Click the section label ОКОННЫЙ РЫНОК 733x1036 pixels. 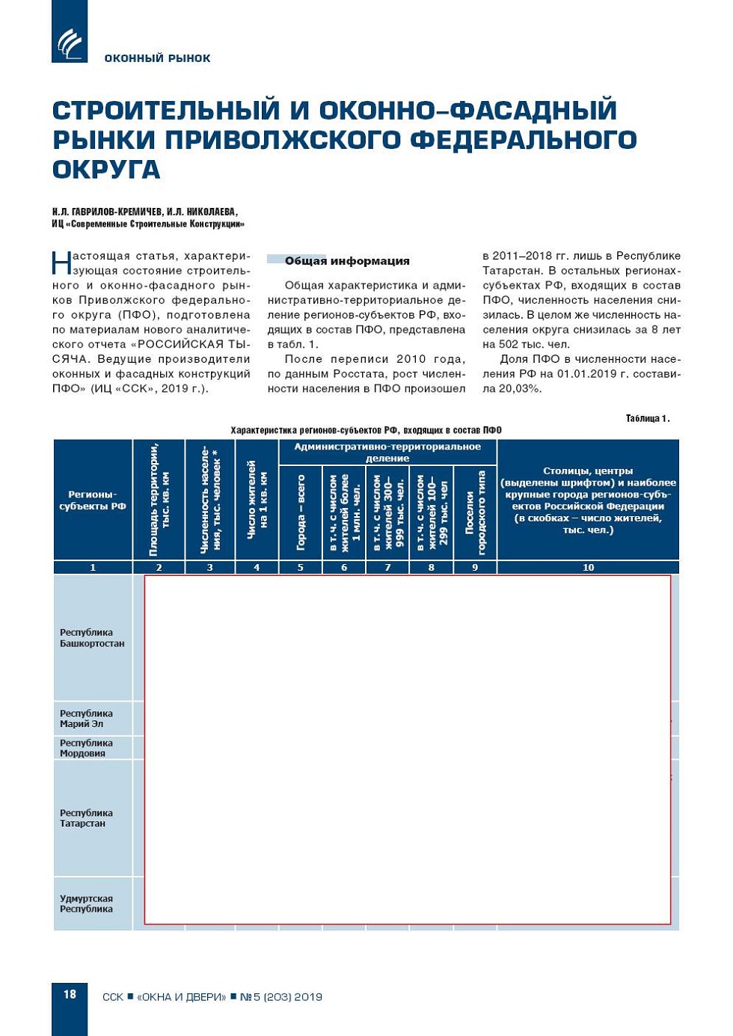[x=157, y=58]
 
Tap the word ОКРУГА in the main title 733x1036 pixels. [x=106, y=170]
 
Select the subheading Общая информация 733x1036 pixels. [x=347, y=261]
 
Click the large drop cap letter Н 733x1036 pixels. [x=61, y=263]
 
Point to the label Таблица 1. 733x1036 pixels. [x=647, y=418]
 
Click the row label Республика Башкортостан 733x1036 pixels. [x=92, y=638]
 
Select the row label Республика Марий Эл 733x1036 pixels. [x=86, y=719]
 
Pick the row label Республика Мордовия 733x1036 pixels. [x=86, y=748]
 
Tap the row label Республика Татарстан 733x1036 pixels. [x=86, y=818]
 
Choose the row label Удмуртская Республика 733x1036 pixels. [x=86, y=904]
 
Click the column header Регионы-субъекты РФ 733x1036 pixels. [x=93, y=500]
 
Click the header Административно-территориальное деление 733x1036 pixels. [x=387, y=452]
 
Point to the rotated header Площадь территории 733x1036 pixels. [x=159, y=499]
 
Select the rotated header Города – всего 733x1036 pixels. [x=301, y=512]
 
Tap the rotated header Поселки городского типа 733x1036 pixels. [x=475, y=512]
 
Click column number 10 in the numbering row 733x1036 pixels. [x=588, y=567]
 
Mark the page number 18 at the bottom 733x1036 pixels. [x=70, y=994]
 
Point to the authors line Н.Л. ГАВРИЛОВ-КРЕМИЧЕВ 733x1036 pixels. [x=144, y=212]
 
